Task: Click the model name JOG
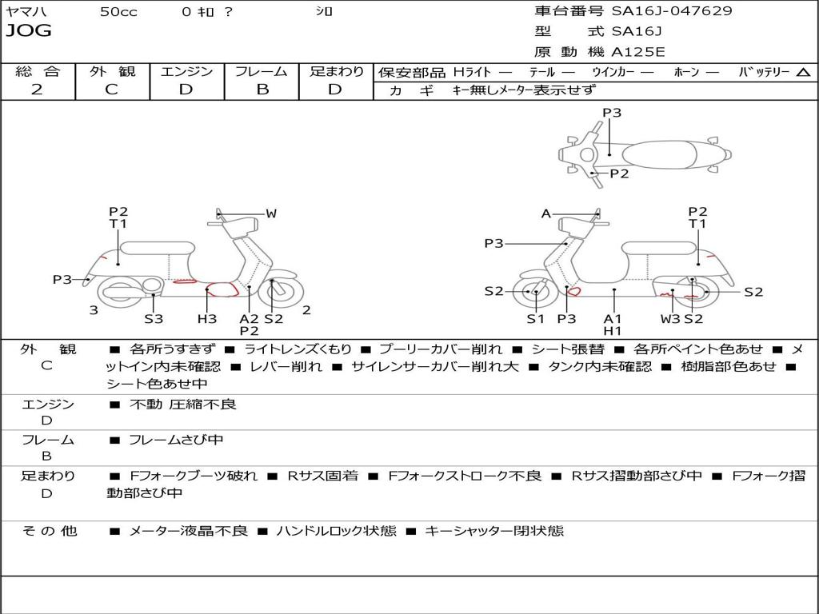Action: pos(29,30)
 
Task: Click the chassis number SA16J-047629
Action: pos(672,10)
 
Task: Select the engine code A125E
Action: pos(637,52)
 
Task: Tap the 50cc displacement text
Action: pos(118,11)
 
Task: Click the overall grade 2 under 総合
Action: pos(37,90)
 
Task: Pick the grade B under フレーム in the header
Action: pos(262,90)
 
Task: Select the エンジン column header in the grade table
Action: pos(186,71)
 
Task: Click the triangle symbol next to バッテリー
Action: pos(803,73)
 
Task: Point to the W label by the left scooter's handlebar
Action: pos(270,213)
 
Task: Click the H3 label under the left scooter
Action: pos(207,318)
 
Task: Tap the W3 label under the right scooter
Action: pos(670,318)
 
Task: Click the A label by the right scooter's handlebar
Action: pos(545,213)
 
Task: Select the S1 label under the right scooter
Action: pos(535,318)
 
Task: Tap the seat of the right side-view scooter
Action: pos(660,248)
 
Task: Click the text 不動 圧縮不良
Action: pos(183,404)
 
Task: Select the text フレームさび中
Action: pos(176,440)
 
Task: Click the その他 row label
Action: pos(50,531)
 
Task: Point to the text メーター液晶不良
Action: pos(188,531)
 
